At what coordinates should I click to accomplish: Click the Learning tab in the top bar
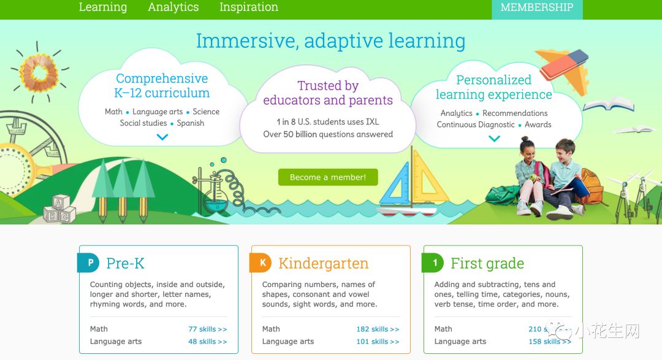pos(102,7)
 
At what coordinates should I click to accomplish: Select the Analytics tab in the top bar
pos(173,7)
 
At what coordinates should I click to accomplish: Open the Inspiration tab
pos(249,7)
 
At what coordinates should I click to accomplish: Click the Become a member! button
pos(328,177)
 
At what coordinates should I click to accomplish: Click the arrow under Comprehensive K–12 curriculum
pos(162,137)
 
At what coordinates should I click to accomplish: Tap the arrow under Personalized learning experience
pos(495,138)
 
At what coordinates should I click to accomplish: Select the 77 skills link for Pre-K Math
pos(208,329)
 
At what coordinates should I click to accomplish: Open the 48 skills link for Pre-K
pos(208,342)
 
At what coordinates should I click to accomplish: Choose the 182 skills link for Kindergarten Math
pos(378,329)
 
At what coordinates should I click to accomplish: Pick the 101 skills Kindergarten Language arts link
pos(378,342)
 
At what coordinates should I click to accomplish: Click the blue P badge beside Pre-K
pos(88,263)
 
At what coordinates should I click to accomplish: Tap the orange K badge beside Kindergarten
pos(261,263)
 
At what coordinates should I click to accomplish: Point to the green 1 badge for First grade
pos(433,263)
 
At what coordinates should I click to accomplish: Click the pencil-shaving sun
pos(39,72)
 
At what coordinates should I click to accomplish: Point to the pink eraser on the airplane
pos(564,64)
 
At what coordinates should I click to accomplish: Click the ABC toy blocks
pos(59,209)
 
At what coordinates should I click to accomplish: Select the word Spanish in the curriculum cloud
pos(191,123)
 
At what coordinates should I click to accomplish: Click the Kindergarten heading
pos(324,263)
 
